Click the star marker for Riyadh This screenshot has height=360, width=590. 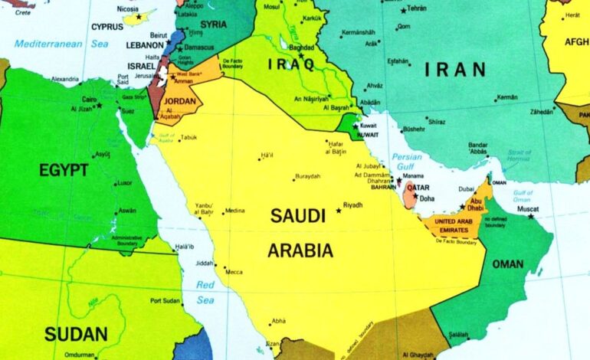point(339,210)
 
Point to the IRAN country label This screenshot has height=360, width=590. point(455,70)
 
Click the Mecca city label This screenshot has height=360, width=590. point(233,272)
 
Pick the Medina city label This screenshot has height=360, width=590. point(234,211)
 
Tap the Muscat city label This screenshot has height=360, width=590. point(528,208)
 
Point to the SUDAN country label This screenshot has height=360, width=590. point(75,334)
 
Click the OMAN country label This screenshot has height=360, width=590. point(507,264)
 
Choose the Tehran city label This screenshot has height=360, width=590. point(417,8)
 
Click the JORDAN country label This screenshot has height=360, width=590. point(181,100)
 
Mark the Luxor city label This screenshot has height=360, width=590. point(124,182)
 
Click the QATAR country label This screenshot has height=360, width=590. point(418,188)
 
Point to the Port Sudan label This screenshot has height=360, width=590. point(165,300)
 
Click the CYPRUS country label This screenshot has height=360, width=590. point(107,26)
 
